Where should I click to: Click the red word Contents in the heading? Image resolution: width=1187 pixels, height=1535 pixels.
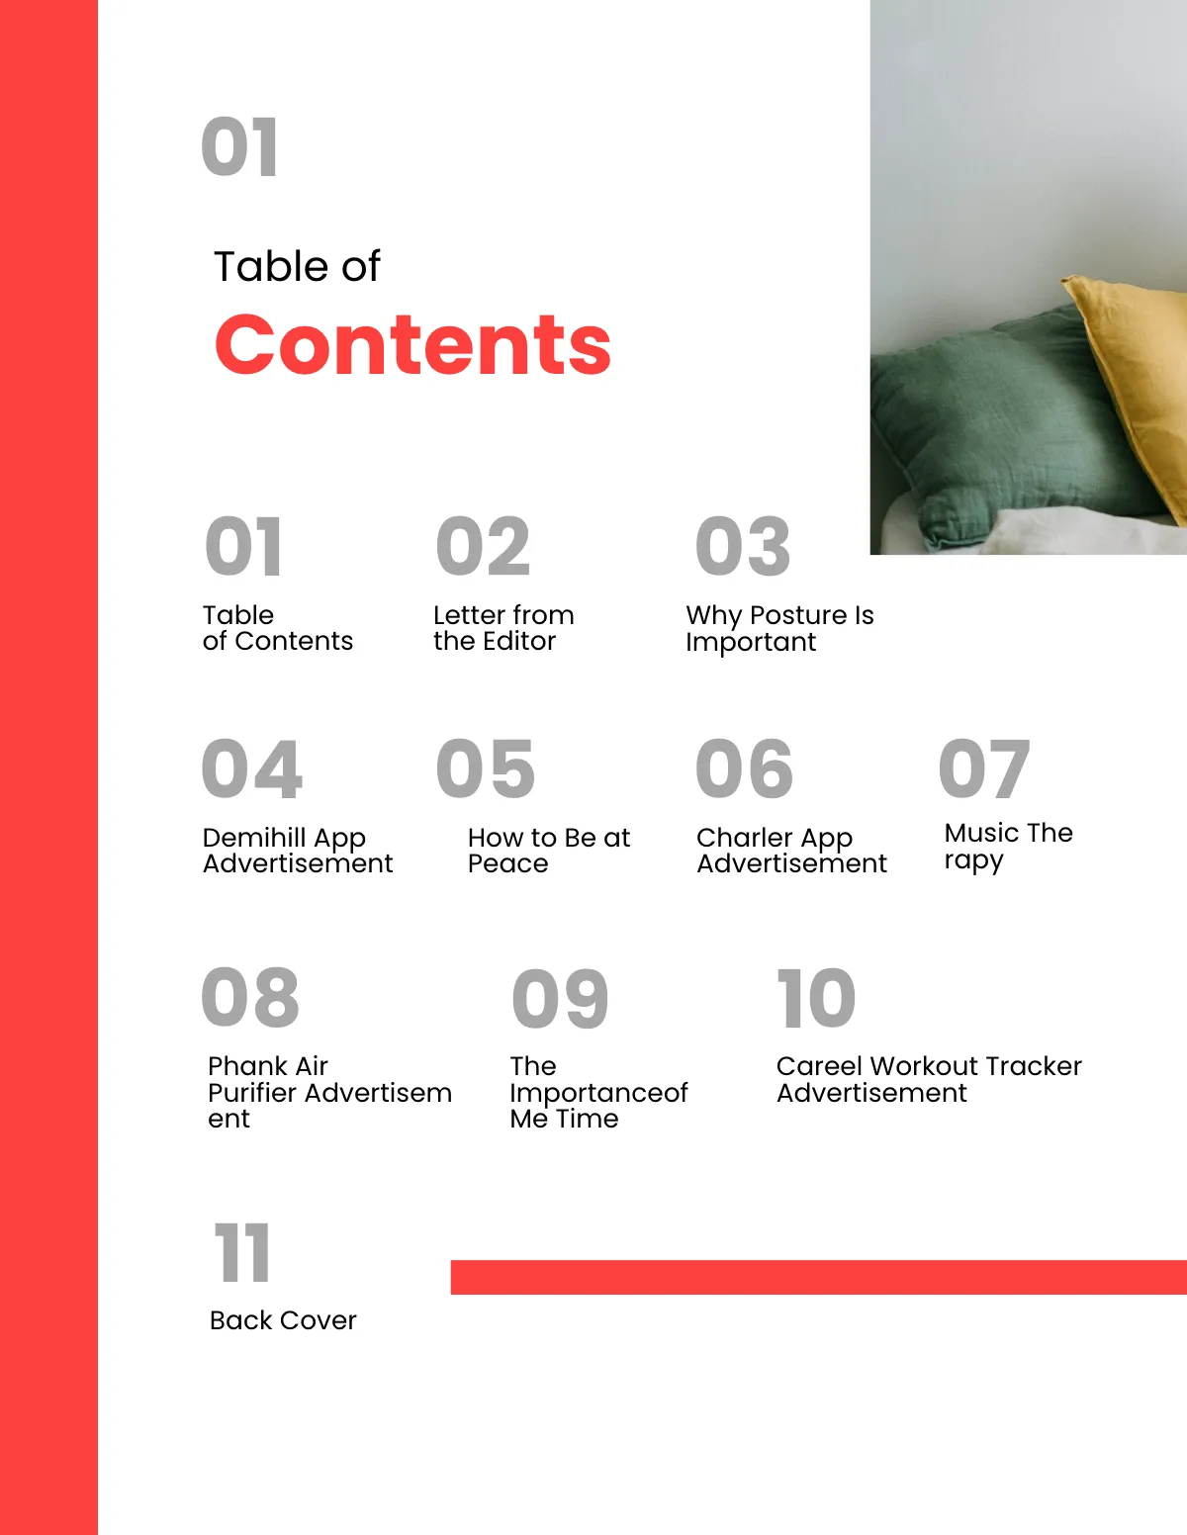412,344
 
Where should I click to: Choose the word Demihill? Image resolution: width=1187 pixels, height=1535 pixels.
240,838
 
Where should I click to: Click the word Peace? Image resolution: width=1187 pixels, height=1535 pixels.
507,864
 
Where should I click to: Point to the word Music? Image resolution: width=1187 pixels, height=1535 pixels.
981,833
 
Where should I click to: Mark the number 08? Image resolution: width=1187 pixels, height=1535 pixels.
249,997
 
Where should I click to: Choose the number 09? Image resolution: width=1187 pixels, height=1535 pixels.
560,999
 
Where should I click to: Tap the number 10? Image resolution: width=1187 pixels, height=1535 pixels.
816,999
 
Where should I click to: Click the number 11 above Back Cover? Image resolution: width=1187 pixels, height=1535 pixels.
242,1253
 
